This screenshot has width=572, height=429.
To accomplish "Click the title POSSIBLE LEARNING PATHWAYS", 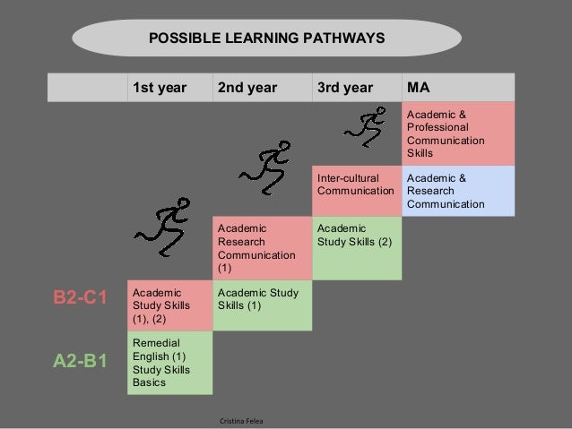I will tap(266, 39).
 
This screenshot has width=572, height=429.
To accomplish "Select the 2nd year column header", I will tap(247, 88).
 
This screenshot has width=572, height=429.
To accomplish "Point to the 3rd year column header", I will tap(344, 88).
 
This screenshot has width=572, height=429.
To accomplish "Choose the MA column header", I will tap(419, 88).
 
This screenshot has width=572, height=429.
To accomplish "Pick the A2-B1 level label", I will tap(82, 363).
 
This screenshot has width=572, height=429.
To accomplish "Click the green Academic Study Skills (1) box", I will tap(262, 305).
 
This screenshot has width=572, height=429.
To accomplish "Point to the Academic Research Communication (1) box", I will tap(262, 248).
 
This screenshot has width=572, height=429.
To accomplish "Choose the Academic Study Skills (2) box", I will tap(356, 248).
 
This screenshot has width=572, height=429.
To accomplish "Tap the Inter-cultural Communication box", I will tap(356, 190).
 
